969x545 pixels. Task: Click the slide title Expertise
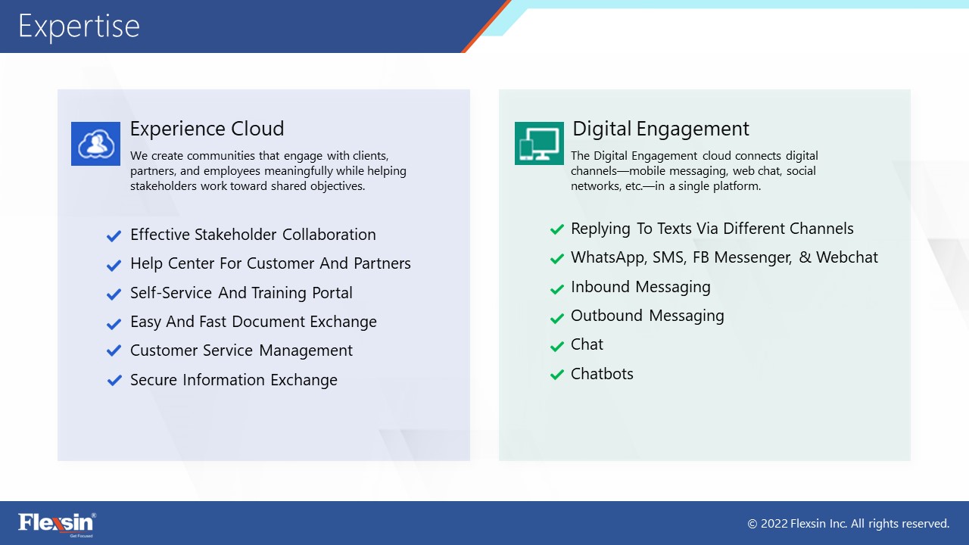[x=79, y=26]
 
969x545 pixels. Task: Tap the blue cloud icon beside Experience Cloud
[x=95, y=144]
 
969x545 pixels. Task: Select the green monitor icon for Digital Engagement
[x=539, y=143]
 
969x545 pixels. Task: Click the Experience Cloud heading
[x=207, y=129]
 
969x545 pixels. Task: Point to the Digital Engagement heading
[x=661, y=129]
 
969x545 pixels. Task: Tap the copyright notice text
[x=849, y=524]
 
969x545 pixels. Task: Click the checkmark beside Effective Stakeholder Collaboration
[x=114, y=236]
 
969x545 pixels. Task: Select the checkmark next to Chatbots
[x=556, y=374]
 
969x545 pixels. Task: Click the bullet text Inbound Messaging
[x=640, y=287]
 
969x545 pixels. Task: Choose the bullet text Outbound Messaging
[x=647, y=316]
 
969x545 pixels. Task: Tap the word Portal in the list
[x=332, y=293]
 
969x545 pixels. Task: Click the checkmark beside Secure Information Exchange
[x=114, y=380]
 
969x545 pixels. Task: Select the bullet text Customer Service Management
[x=241, y=350]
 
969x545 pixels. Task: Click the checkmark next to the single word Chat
[x=556, y=347]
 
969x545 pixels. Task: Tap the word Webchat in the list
[x=847, y=257]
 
